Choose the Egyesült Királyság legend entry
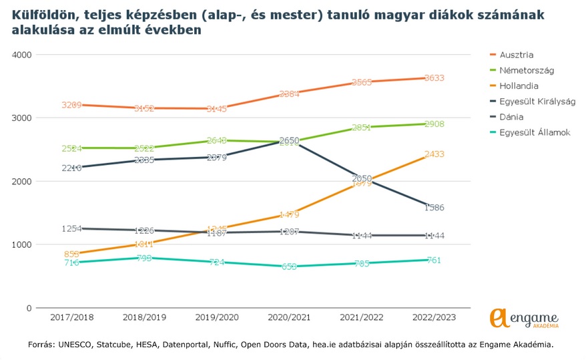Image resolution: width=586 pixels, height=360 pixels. coord(537,102)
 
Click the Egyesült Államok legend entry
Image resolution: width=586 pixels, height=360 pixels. coord(534,133)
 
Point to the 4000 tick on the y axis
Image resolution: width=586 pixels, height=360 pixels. coord(22,55)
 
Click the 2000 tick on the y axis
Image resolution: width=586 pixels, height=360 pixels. coord(22,181)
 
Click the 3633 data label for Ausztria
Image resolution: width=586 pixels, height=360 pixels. coord(434,78)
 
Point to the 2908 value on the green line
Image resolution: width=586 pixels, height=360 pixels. coord(434,124)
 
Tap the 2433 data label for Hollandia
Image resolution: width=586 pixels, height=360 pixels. coord(434,154)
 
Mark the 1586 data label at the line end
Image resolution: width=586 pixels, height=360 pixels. coord(434,208)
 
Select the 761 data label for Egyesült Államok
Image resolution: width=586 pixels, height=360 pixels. coord(434,260)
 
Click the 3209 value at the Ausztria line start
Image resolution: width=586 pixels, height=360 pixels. coord(71,105)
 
